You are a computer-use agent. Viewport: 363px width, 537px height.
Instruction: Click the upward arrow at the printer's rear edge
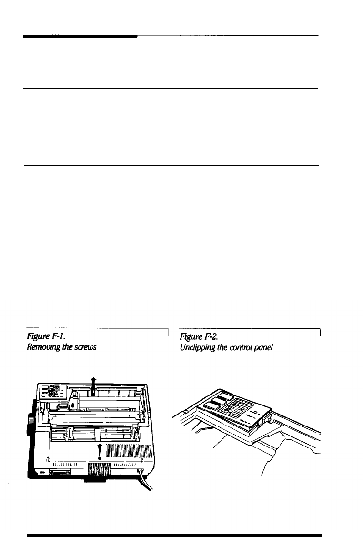pyautogui.click(x=94, y=381)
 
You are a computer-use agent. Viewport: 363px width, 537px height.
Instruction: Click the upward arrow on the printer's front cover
pyautogui.click(x=99, y=449)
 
